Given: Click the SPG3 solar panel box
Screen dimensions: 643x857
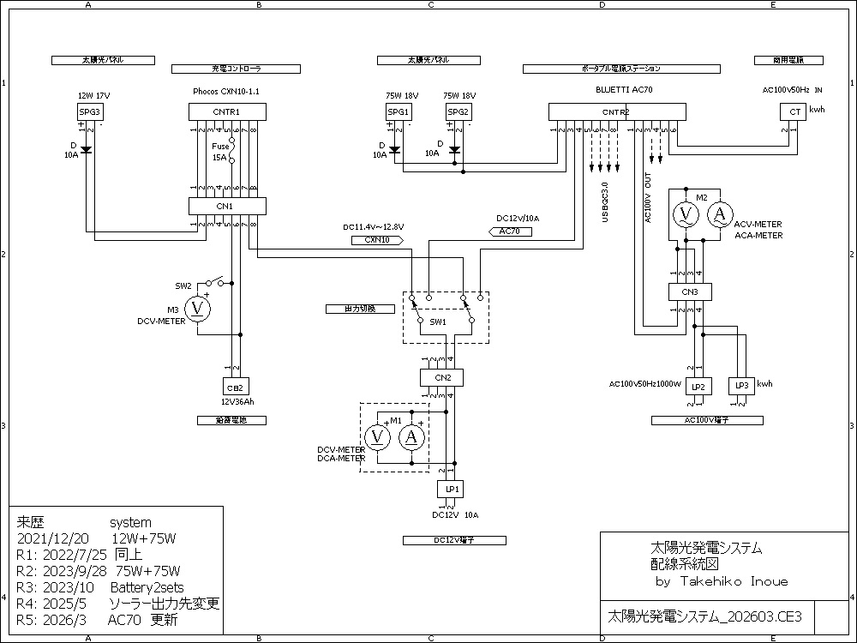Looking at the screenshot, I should (x=90, y=111).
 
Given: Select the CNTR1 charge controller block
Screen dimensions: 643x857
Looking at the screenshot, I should (x=227, y=111).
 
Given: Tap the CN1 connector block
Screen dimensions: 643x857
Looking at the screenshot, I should (x=227, y=206).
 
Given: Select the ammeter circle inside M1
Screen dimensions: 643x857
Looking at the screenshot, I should (x=411, y=437).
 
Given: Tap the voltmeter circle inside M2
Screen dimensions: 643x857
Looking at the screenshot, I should (x=685, y=214).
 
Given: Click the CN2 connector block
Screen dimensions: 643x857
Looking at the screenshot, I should (x=441, y=377).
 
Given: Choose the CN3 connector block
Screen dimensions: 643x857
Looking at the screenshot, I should (x=690, y=291).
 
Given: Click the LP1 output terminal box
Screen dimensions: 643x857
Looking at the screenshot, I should (x=450, y=489).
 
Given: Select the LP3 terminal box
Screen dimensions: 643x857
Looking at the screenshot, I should (x=741, y=386).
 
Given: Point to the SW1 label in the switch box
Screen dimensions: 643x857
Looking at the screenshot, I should (x=438, y=321).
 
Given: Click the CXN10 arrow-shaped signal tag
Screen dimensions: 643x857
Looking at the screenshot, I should (x=378, y=241).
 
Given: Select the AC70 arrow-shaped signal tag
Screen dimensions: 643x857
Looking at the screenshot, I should (x=509, y=231).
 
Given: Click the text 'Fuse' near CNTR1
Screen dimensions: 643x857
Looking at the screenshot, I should (x=220, y=146).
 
